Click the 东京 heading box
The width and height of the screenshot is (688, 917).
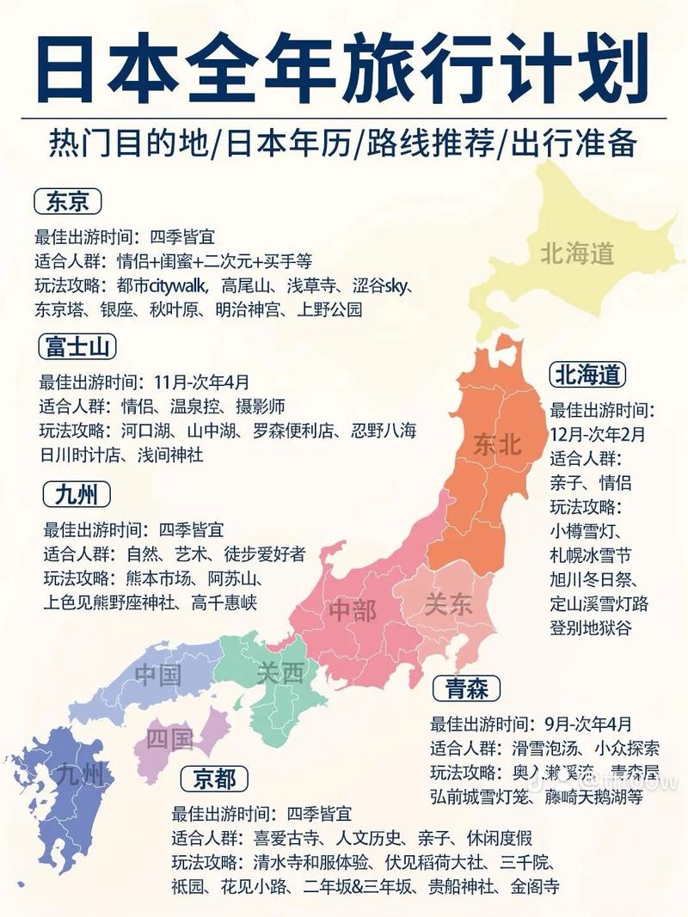68,201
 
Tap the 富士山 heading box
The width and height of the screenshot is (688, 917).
77,347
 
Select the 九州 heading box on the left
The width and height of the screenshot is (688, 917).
77,495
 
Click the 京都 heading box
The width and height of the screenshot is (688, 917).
214,779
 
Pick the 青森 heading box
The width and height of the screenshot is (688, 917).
467,688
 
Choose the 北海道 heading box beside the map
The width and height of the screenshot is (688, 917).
588,375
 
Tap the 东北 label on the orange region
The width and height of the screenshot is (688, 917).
497,444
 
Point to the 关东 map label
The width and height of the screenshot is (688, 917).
448,604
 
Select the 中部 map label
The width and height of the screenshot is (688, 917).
353,611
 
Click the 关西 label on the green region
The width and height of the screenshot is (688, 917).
280,674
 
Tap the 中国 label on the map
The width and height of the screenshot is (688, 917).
158,674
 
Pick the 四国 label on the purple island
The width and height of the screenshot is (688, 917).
169,737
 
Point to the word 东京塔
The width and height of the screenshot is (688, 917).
59,310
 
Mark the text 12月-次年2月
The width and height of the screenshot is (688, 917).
598,433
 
